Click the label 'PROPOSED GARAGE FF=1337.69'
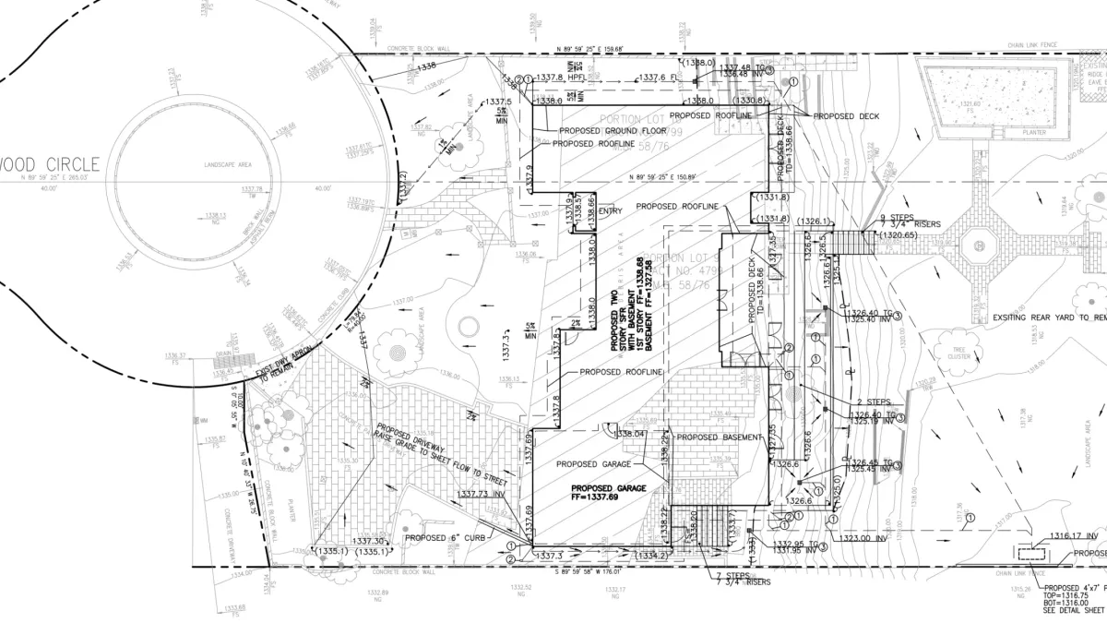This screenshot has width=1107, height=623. click(609, 492)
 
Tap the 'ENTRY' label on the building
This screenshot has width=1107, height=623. click(611, 211)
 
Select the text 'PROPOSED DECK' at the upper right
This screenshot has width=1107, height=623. click(846, 115)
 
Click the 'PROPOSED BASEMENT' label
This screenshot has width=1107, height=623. click(720, 437)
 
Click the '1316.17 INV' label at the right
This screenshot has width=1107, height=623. click(1074, 536)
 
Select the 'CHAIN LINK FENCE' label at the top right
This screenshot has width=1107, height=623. click(1027, 44)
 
